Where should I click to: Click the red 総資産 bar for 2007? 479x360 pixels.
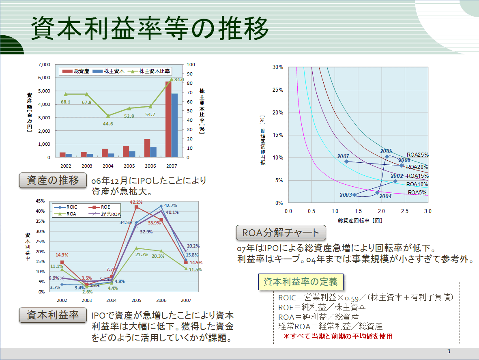(x=168, y=119)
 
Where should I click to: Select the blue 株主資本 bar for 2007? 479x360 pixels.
(x=174, y=125)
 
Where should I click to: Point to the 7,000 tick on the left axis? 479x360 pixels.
(x=44, y=65)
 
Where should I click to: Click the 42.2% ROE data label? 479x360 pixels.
(x=136, y=202)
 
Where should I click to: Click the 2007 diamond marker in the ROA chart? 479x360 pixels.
(x=346, y=162)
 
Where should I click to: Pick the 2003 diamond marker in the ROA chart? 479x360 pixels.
(x=354, y=195)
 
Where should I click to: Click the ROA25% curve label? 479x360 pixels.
(x=417, y=155)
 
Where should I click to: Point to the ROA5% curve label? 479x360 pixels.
(x=417, y=192)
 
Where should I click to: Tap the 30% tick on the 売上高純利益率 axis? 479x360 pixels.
(x=278, y=67)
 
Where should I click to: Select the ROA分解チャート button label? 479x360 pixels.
(x=281, y=233)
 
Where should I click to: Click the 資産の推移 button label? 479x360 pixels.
(x=53, y=181)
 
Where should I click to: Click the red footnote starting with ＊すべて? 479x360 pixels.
(x=338, y=336)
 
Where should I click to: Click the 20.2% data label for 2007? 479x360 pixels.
(x=193, y=246)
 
